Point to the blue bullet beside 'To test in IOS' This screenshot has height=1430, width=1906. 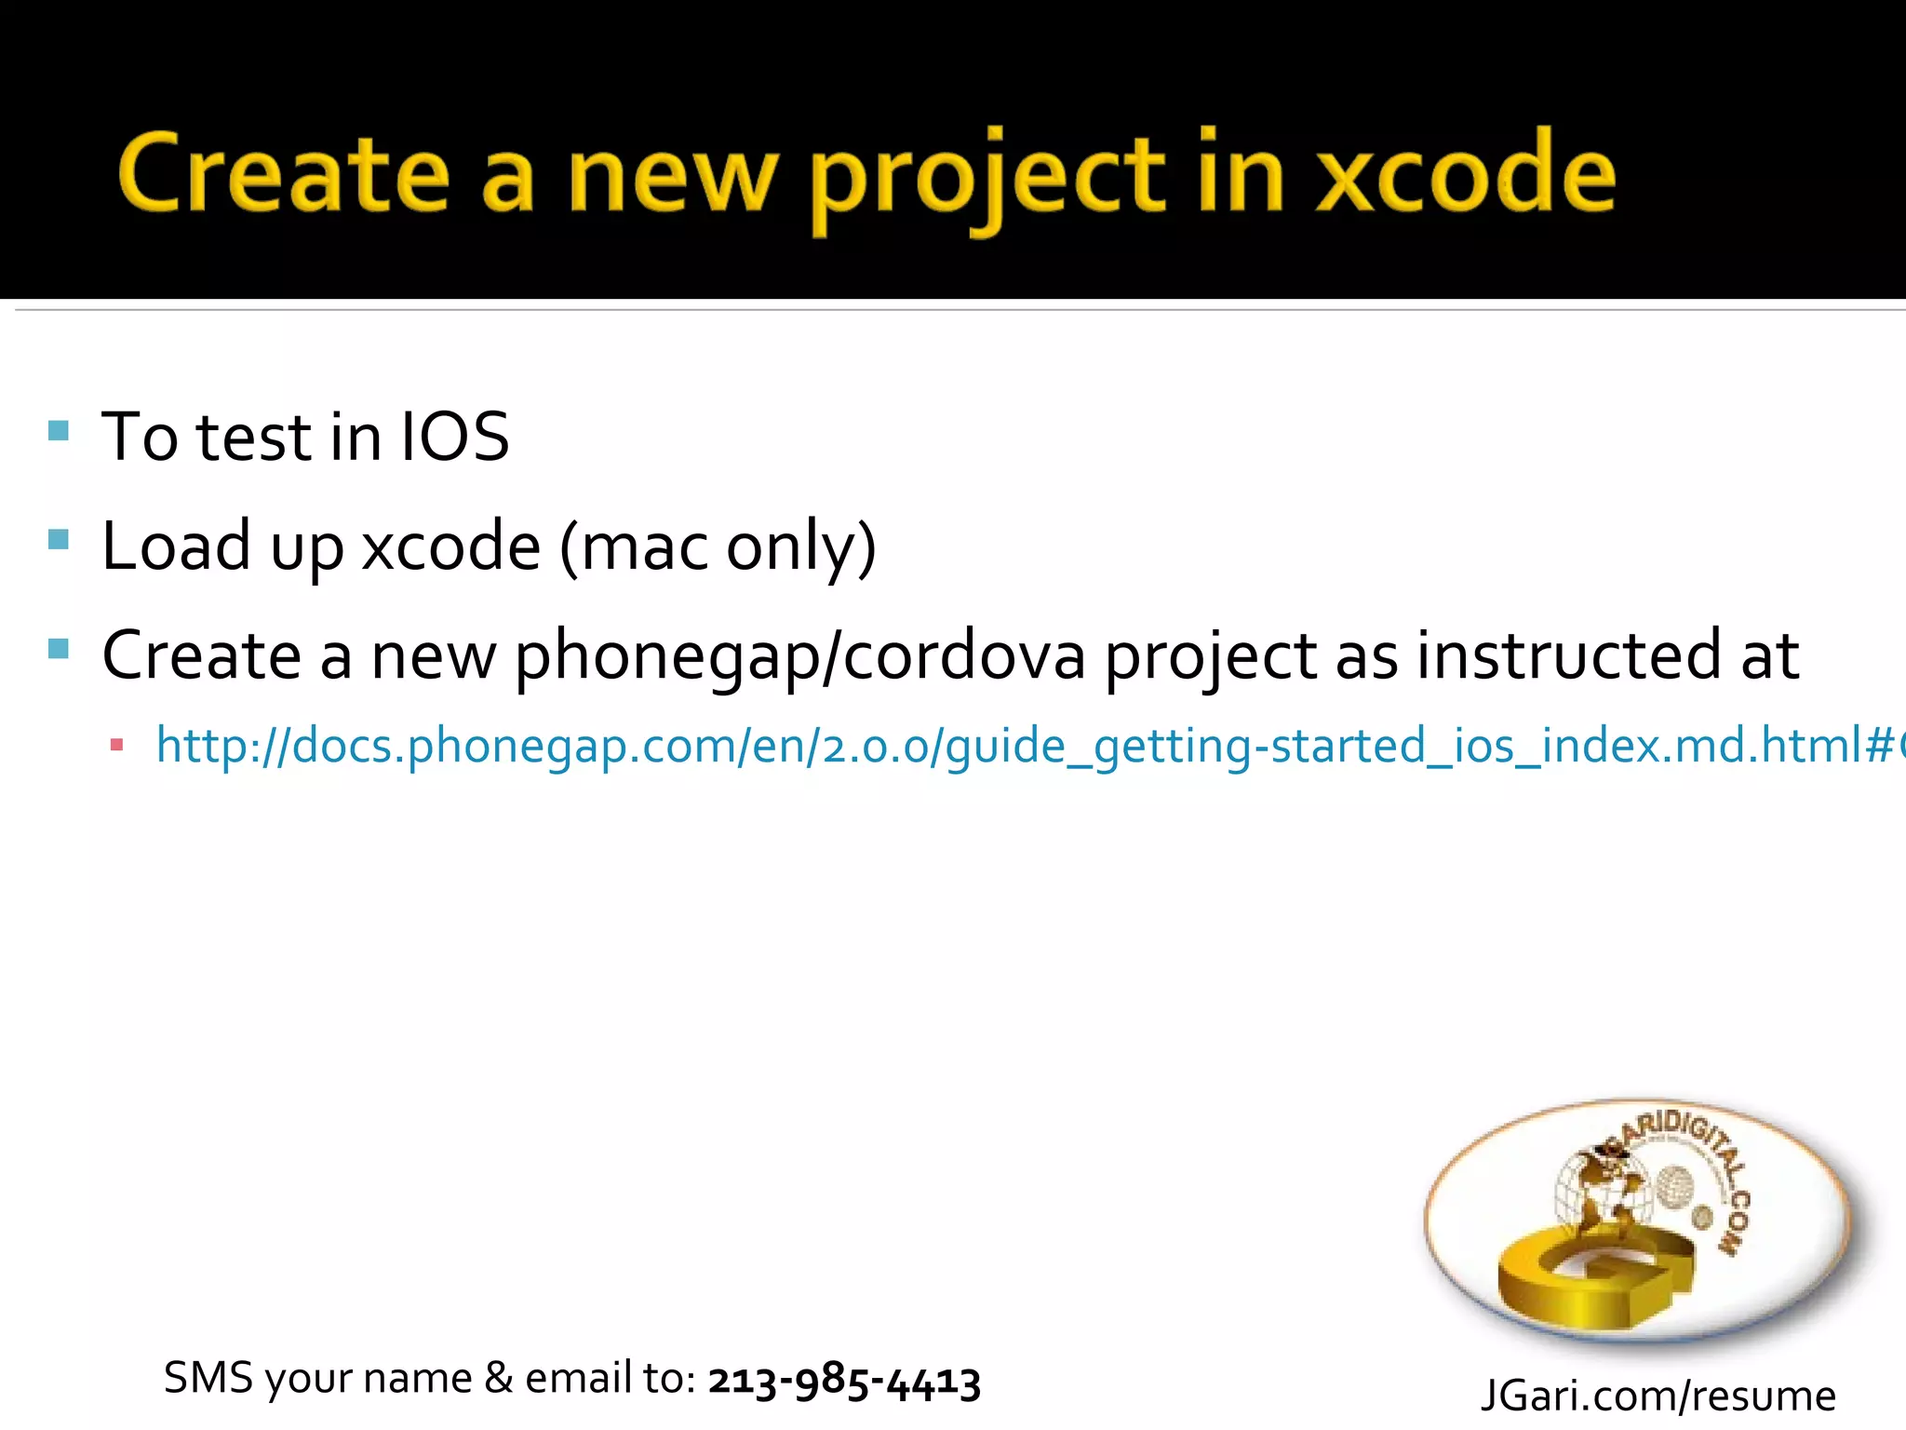(x=59, y=430)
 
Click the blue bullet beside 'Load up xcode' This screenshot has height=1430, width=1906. (x=59, y=539)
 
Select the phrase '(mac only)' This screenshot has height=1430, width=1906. (x=718, y=546)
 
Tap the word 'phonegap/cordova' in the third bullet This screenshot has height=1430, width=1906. (x=799, y=655)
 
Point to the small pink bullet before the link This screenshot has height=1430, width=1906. (x=116, y=745)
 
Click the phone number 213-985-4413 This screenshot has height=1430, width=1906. (x=844, y=1380)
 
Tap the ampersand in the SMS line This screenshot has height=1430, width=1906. (x=499, y=1378)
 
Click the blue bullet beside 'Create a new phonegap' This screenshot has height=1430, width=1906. (x=59, y=648)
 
